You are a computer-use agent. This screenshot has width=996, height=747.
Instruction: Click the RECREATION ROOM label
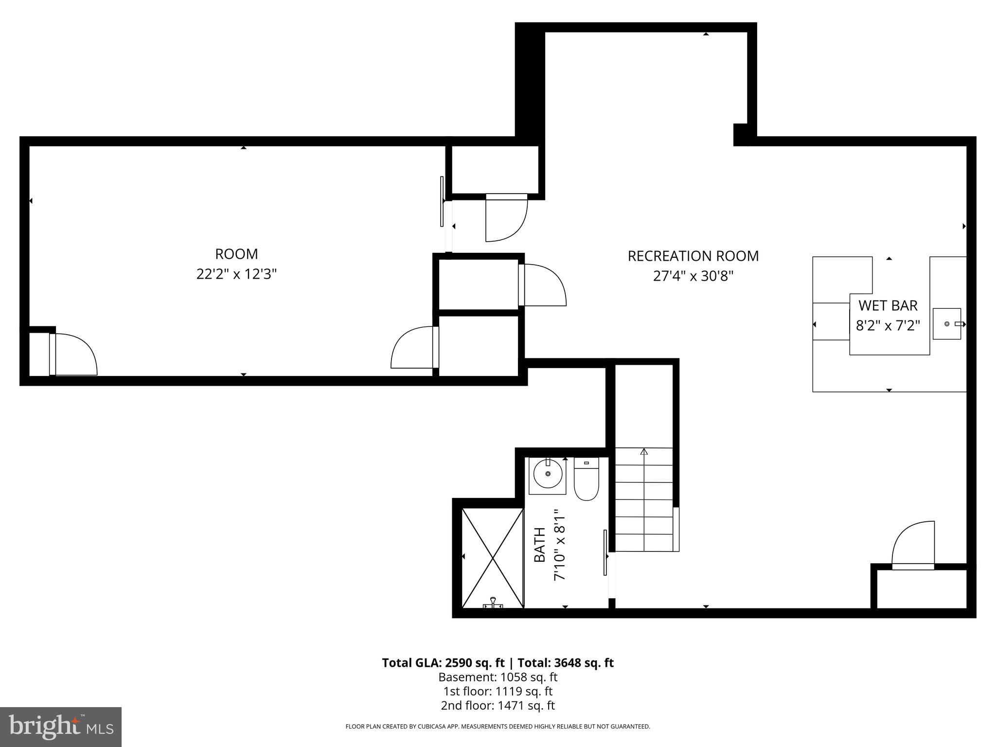point(693,256)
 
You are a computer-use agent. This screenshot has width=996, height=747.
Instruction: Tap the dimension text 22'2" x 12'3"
point(236,274)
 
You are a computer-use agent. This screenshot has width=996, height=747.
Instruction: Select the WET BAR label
point(888,305)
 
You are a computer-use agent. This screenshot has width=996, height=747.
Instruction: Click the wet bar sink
point(946,324)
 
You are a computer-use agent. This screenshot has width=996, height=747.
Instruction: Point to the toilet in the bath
point(586,480)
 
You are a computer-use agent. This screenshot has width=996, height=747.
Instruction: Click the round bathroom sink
point(548,474)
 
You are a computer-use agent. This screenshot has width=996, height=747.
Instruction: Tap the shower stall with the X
point(492,557)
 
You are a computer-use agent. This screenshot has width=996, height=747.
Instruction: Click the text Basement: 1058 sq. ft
point(498,677)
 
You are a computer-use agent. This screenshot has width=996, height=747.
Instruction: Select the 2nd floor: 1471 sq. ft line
point(498,705)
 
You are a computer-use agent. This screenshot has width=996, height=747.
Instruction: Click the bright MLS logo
point(61,727)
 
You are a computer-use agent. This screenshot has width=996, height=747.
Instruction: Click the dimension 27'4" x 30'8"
point(693,276)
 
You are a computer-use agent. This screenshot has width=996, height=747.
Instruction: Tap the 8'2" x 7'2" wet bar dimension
point(888,326)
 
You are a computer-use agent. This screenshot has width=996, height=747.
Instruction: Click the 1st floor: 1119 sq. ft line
point(498,691)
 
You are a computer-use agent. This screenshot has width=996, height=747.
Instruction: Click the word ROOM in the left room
point(236,254)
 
